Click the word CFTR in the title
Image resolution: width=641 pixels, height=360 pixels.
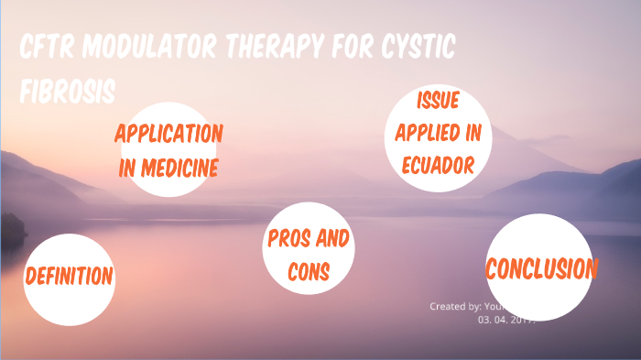point(49,50)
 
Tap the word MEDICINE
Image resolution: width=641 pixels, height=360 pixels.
point(179,168)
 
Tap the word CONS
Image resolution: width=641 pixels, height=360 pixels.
point(308,272)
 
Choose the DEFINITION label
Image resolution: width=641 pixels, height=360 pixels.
point(69,276)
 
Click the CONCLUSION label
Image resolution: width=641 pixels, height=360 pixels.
point(541,269)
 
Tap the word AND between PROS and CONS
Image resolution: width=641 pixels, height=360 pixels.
point(331,241)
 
